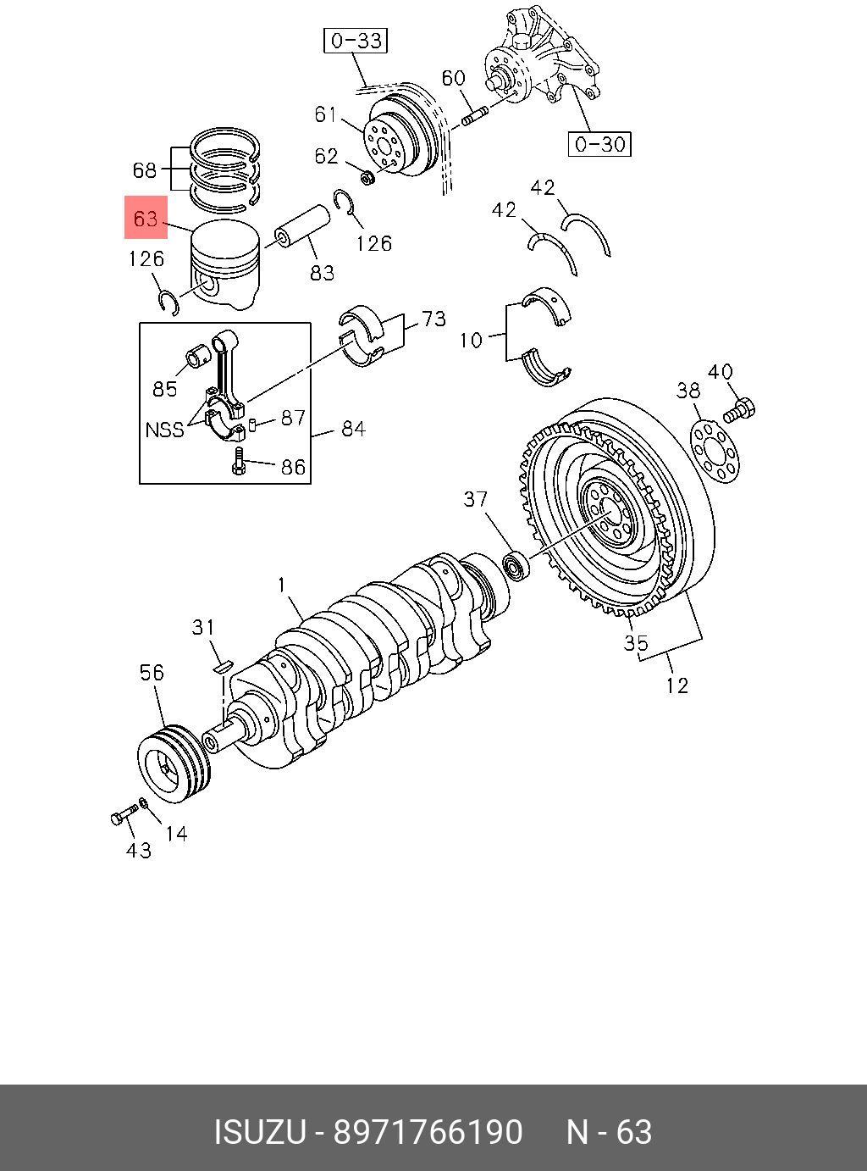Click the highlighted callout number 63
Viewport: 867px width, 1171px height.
tap(146, 218)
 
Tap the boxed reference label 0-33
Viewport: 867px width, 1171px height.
tap(355, 42)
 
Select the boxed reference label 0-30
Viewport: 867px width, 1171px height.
tap(599, 144)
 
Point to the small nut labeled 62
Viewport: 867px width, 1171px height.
tap(367, 177)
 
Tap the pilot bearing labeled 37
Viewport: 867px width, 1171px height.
tap(516, 566)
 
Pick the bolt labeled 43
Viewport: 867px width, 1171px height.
tap(124, 814)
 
